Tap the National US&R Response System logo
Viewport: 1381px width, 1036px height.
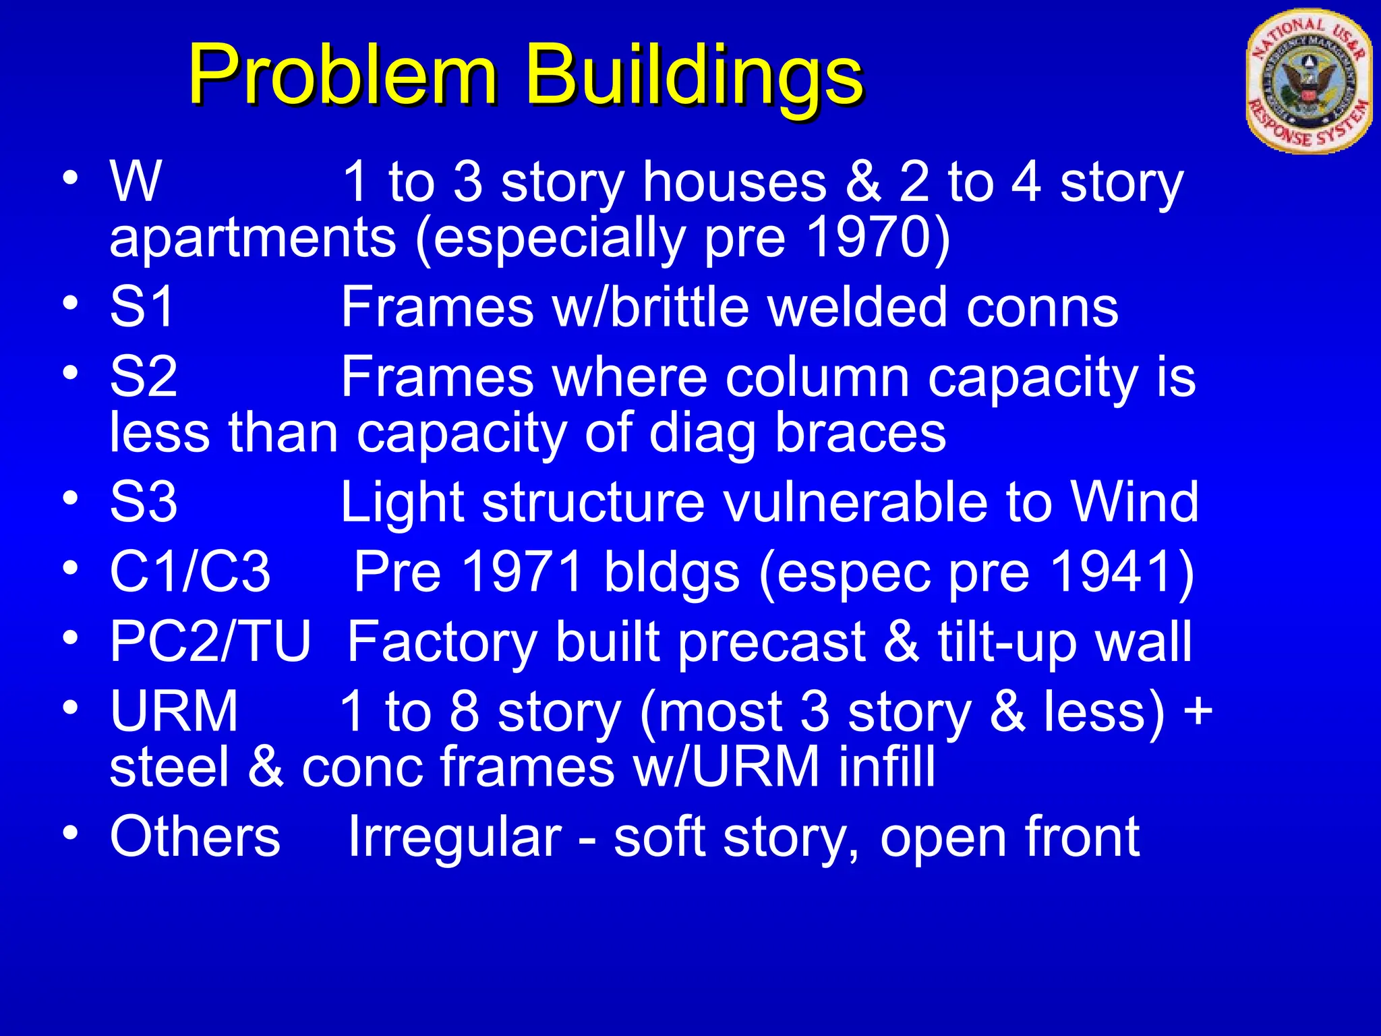(x=1308, y=82)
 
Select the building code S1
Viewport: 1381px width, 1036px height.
(x=142, y=307)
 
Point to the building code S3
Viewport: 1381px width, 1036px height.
(x=144, y=502)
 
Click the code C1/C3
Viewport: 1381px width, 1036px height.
(x=190, y=571)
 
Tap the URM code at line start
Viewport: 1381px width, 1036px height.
(x=174, y=711)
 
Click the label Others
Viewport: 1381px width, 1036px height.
(x=194, y=836)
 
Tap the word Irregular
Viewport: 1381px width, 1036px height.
(x=454, y=836)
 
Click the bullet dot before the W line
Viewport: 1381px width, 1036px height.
(x=70, y=177)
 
